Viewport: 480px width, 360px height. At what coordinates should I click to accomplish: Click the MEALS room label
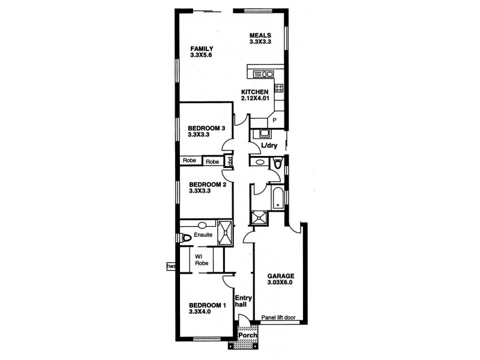pyautogui.click(x=261, y=35)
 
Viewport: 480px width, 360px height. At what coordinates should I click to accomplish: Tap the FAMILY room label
pyautogui.click(x=202, y=48)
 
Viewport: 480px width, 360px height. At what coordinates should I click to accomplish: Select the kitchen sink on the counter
pyautogui.click(x=262, y=74)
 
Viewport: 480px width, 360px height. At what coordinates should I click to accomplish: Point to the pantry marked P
pyautogui.click(x=274, y=121)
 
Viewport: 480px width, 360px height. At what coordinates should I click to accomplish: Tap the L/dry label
pyautogui.click(x=268, y=146)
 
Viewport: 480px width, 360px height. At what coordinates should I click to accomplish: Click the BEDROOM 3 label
pyautogui.click(x=206, y=128)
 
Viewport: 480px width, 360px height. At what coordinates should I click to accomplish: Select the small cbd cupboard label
pyautogui.click(x=229, y=161)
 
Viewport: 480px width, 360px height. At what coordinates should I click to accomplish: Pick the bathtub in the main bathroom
pyautogui.click(x=278, y=197)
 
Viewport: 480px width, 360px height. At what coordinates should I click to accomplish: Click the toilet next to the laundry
pyautogui.click(x=277, y=163)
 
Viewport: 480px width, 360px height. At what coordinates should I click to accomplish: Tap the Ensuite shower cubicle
pyautogui.click(x=224, y=233)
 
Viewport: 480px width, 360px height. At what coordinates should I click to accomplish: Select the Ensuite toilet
pyautogui.click(x=185, y=238)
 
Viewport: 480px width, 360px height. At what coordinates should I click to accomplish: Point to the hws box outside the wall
pyautogui.click(x=171, y=266)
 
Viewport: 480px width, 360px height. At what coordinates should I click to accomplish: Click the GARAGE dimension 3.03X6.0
pyautogui.click(x=281, y=283)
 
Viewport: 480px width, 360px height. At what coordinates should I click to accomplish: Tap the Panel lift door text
pyautogui.click(x=278, y=318)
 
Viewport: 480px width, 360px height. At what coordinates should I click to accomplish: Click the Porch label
pyautogui.click(x=246, y=335)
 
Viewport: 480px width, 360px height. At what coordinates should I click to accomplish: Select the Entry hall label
pyautogui.click(x=242, y=301)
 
